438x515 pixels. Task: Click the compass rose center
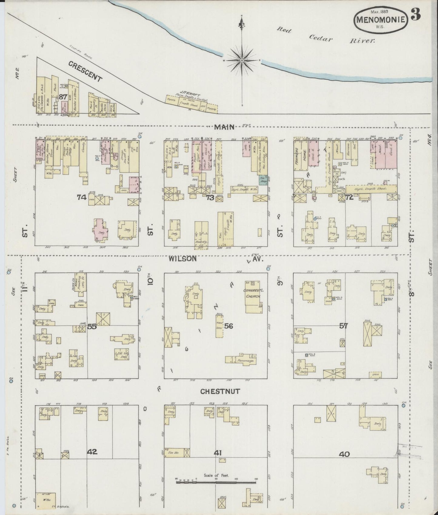pos(242,61)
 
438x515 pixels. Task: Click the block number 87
pos(63,97)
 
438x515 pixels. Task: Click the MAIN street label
pos(224,127)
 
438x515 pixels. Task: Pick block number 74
pos(82,198)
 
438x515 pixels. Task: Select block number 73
pos(210,198)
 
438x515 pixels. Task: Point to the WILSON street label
pos(183,259)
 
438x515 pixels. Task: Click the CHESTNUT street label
pos(220,391)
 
